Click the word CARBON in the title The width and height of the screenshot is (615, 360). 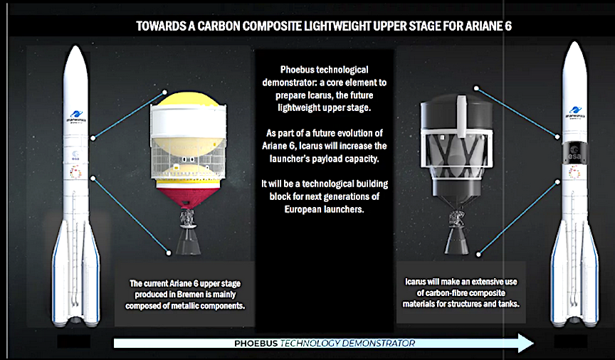(219, 26)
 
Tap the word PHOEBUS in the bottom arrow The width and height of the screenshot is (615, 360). (256, 344)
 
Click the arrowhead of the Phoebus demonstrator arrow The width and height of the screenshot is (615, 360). (526, 343)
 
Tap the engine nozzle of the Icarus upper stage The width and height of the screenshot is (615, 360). (457, 240)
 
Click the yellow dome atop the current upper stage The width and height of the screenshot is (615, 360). (189, 98)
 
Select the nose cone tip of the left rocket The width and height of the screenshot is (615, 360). (75, 46)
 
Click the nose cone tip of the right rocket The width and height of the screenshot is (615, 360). (575, 43)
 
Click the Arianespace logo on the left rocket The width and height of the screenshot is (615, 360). (76, 117)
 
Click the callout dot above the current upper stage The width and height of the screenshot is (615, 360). (164, 92)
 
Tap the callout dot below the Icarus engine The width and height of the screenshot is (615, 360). (478, 254)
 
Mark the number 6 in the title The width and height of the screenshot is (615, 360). (508, 26)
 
